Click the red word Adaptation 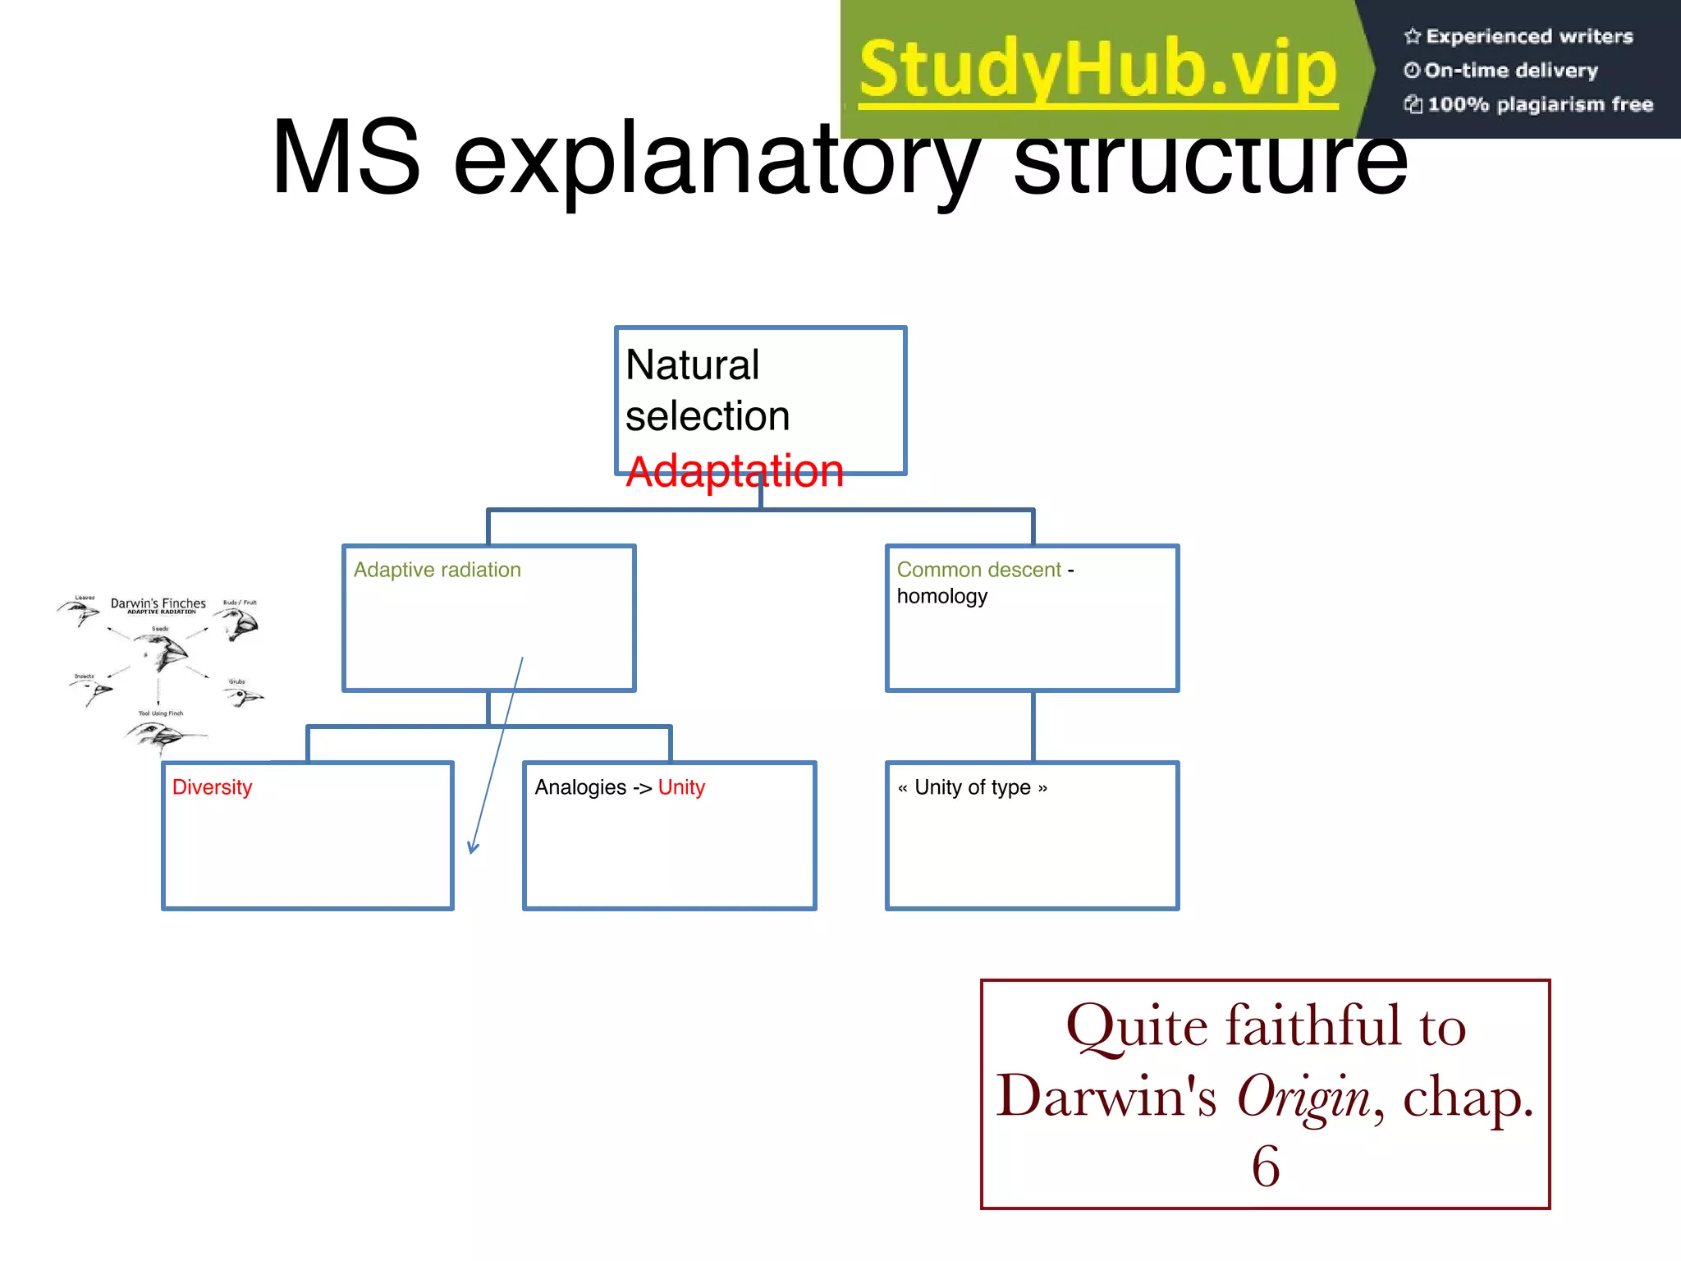point(734,472)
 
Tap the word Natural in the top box point(692,365)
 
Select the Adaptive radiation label point(437,570)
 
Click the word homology point(941,596)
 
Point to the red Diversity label point(212,787)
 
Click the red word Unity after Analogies point(681,787)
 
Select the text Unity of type point(972,787)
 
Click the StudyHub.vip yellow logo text point(1097,70)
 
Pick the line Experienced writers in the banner point(1528,36)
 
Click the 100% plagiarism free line point(1539,104)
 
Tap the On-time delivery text point(1510,71)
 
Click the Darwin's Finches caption point(158,603)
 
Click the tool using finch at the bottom point(160,736)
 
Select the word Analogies point(579,787)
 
